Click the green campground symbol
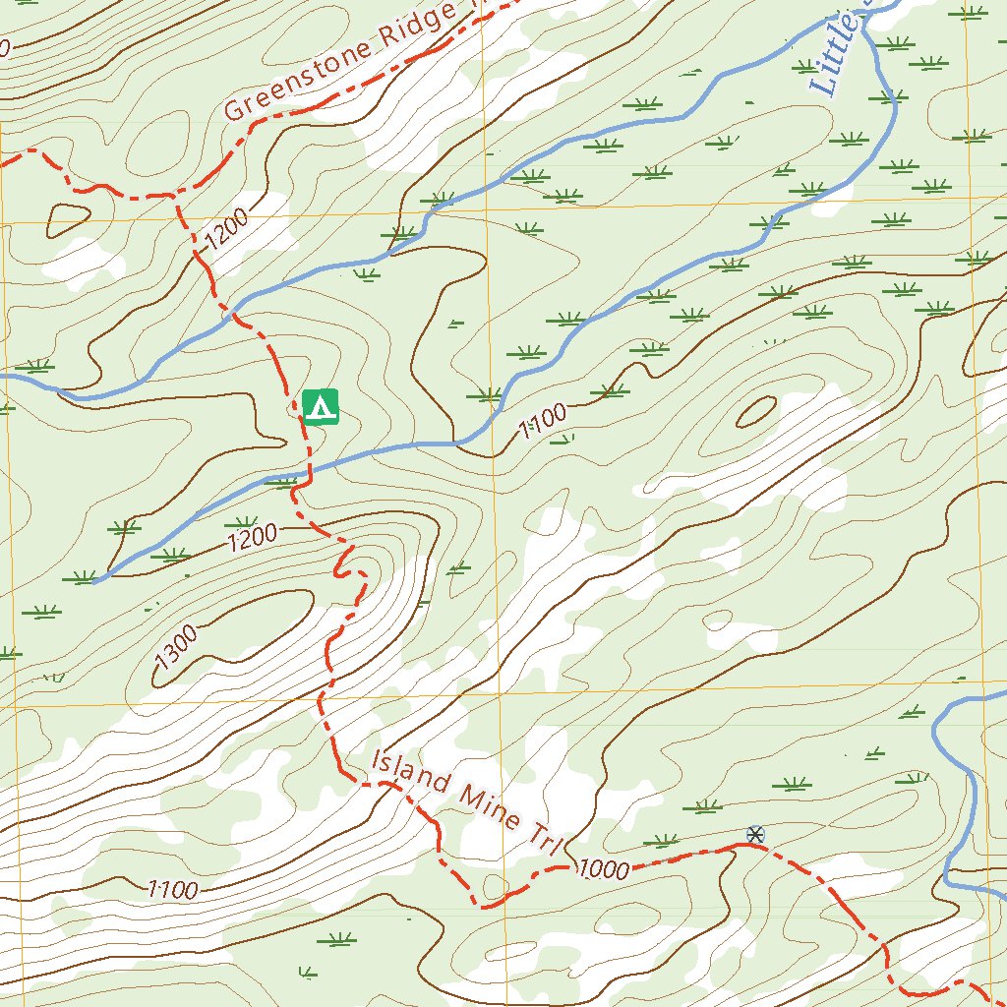321,406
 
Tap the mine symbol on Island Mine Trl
755,835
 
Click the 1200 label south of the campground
253,537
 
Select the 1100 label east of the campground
543,420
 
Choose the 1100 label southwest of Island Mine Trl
173,891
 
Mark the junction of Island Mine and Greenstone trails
176,195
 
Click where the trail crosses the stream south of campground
310,470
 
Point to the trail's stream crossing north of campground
236,313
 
